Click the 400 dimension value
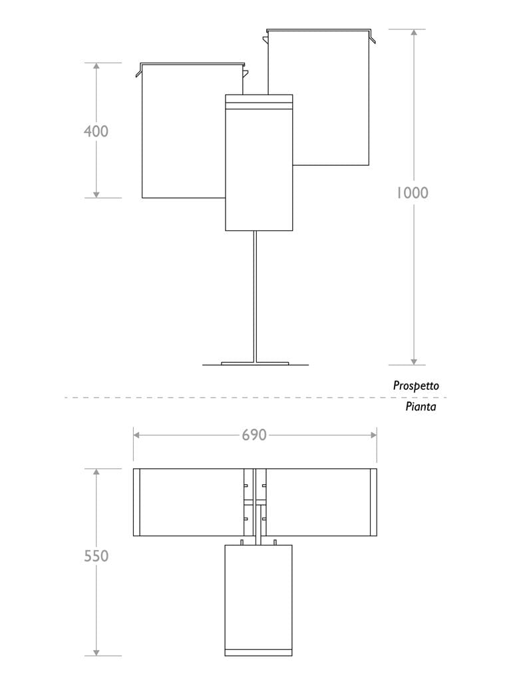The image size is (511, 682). pos(96,131)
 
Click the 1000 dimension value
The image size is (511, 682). pos(413,193)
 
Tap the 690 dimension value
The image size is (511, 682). pos(254,435)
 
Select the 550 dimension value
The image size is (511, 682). pos(96,555)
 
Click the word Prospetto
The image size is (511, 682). pos(416,386)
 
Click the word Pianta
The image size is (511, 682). pos(421,406)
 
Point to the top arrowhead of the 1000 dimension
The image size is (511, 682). pos(414,33)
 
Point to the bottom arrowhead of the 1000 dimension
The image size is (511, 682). pos(414,360)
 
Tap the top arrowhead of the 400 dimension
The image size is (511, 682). pos(96,67)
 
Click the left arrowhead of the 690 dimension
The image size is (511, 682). pos(137,435)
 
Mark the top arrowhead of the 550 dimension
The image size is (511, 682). pos(96,473)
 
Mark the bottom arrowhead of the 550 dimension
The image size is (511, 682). pos(96,651)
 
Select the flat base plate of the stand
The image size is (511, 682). pos(255,364)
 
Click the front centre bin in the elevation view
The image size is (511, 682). pos(259,167)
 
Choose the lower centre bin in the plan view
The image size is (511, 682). pos(259,596)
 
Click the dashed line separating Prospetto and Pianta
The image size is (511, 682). pos(200,398)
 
